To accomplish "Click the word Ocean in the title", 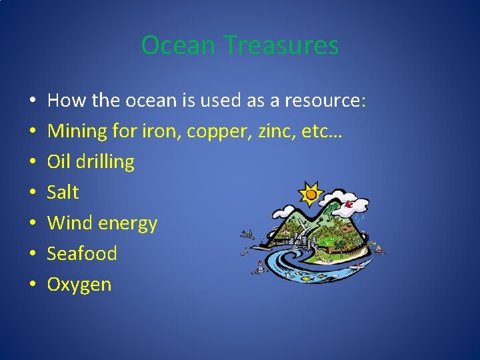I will point(179,45).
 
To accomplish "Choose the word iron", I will point(161,131).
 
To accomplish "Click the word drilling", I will point(105,162).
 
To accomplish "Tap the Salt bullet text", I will point(63,193).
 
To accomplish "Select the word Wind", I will point(70,223).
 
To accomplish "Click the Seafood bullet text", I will point(82,254).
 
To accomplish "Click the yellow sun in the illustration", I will point(310,195).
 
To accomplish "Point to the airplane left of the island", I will point(248,235).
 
